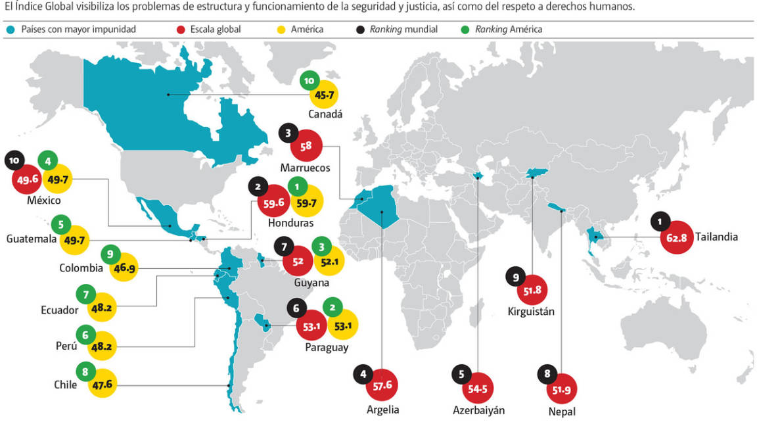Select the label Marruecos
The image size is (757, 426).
point(305,168)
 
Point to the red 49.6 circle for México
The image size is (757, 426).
point(28,179)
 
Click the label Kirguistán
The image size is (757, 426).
point(531,311)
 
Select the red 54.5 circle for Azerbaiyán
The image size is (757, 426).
point(478,389)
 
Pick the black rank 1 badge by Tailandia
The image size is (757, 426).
point(660,222)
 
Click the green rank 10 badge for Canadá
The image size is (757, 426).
point(309,81)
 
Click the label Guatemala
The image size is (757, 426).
point(31,239)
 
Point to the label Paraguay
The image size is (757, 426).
point(326,347)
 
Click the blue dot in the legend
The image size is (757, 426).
point(11,30)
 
